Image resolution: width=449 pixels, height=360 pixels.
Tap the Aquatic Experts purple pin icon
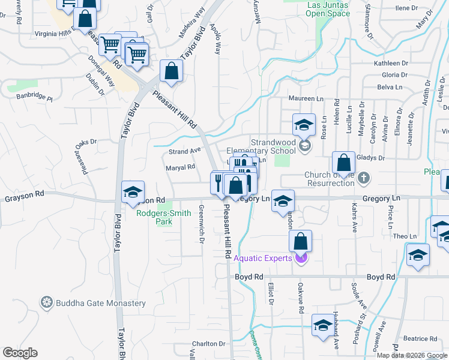[x=301, y=259]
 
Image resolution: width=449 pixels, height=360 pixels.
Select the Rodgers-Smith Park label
[x=163, y=217]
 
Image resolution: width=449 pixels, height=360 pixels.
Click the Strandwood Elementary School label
[x=261, y=147]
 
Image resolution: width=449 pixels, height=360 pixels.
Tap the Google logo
[x=20, y=353]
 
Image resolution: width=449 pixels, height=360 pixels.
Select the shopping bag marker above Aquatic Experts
[x=301, y=241]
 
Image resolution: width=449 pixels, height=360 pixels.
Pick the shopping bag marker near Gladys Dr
[x=343, y=162]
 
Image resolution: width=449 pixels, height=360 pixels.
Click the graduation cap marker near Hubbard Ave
[x=323, y=325]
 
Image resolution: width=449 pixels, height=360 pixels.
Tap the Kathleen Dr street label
[x=390, y=63]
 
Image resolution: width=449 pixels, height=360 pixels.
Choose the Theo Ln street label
[x=405, y=236]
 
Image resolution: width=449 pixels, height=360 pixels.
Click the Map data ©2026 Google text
[x=412, y=355]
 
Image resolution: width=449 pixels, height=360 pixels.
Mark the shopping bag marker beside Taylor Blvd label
[x=172, y=71]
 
